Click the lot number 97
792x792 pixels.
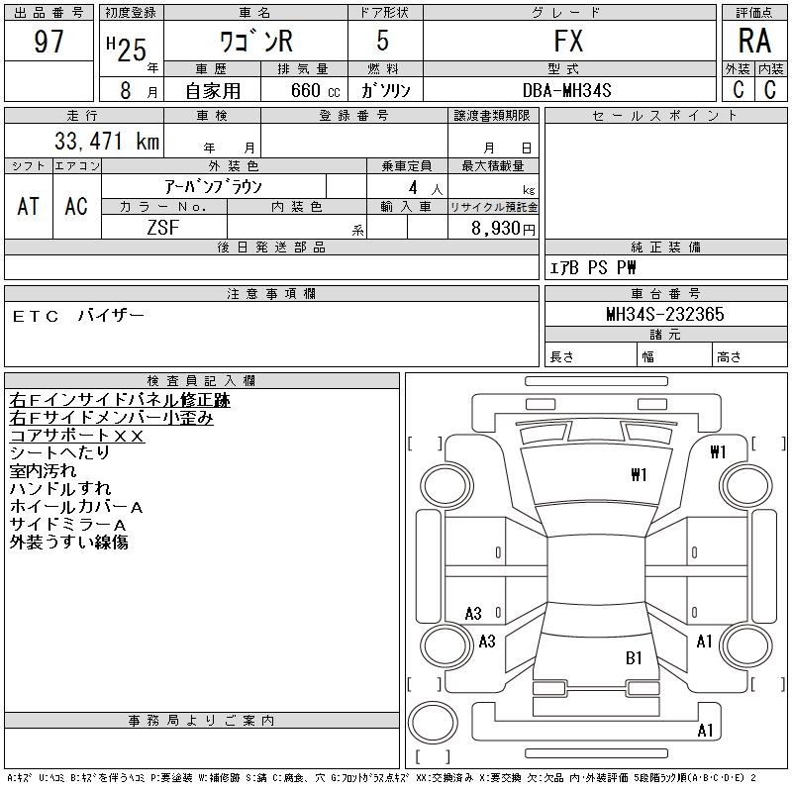pyautogui.click(x=49, y=43)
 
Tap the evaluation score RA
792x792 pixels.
pyautogui.click(x=754, y=42)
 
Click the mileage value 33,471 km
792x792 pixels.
pyautogui.click(x=98, y=142)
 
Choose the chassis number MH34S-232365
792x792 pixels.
pyautogui.click(x=665, y=314)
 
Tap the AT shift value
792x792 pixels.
pyautogui.click(x=29, y=206)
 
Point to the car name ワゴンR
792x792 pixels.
pyautogui.click(x=254, y=43)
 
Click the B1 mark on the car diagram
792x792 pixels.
pyautogui.click(x=635, y=657)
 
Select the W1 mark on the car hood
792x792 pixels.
pyautogui.click(x=639, y=475)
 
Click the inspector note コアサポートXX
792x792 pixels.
pyautogui.click(x=77, y=436)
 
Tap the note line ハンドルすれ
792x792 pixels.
pyautogui.click(x=59, y=489)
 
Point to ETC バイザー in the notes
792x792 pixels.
pyautogui.click(x=79, y=316)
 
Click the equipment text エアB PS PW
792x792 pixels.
pyautogui.click(x=594, y=268)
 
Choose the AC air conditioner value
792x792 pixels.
pyautogui.click(x=76, y=206)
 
